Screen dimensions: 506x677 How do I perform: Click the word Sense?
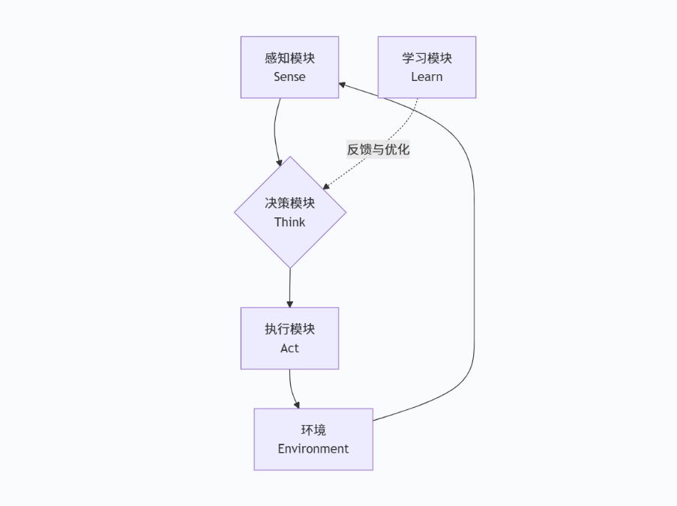click(289, 76)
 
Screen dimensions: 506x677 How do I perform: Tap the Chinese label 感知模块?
click(289, 58)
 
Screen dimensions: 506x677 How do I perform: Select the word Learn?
click(427, 76)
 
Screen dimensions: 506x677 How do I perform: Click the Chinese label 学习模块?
click(427, 58)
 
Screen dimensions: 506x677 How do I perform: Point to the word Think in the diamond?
click(289, 222)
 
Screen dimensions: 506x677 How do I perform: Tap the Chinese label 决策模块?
click(289, 203)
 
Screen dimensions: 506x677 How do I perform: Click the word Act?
click(289, 348)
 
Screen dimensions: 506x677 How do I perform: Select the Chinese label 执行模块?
click(289, 330)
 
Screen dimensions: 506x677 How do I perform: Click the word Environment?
click(313, 448)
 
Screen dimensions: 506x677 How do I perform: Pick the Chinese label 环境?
click(313, 430)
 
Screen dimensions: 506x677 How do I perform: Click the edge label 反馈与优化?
click(378, 149)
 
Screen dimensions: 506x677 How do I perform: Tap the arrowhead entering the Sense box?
click(343, 85)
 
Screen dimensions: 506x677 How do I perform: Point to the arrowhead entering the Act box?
click(289, 304)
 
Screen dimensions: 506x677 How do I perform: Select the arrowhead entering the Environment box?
click(297, 405)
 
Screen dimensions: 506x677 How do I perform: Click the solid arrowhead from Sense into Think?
click(280, 162)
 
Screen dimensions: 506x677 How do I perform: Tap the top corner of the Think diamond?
click(290, 157)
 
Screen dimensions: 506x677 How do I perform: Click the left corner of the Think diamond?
click(235, 212)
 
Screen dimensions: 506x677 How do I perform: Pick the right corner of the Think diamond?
click(346, 212)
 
